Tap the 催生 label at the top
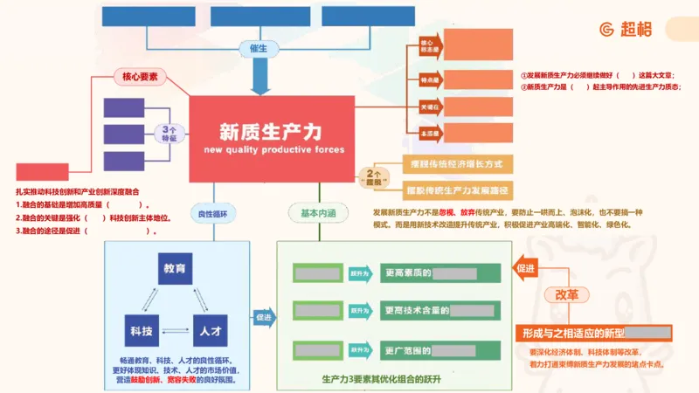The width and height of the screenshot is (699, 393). coord(260,48)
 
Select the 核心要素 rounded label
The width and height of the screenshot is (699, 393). coord(139,77)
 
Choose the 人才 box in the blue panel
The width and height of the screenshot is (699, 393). coord(209,331)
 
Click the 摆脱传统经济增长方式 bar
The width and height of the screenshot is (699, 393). coord(456,164)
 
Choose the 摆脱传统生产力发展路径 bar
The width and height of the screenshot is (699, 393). coord(456,190)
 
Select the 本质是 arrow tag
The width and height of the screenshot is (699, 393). coord(427,134)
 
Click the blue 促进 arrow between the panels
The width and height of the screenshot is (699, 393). coord(262,316)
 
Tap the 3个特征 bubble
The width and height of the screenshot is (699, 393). coord(170,134)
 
